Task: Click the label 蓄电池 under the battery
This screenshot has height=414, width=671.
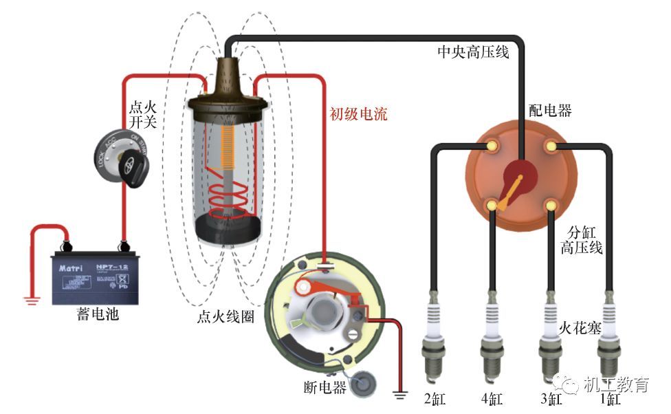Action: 98,315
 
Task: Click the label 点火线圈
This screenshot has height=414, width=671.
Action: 223,317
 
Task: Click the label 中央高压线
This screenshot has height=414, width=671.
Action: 474,52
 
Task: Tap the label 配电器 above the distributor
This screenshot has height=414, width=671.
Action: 549,110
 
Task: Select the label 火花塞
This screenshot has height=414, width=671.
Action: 580,329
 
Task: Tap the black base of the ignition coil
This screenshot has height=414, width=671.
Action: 227,227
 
